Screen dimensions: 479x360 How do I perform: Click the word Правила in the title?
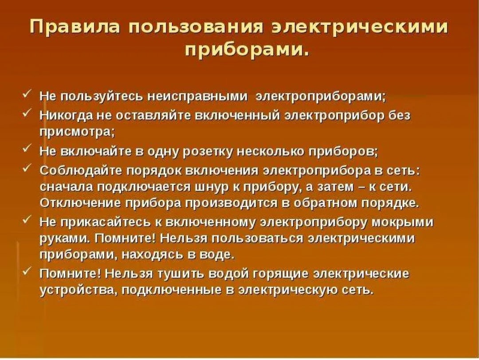point(75,26)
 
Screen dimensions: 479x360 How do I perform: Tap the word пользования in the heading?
point(196,26)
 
